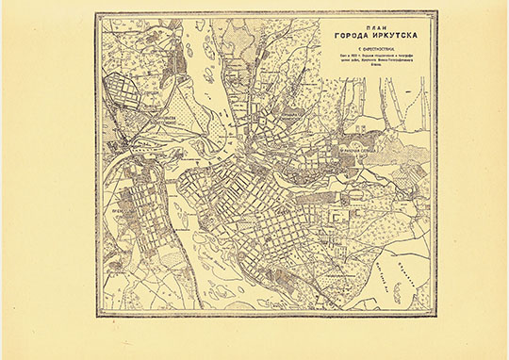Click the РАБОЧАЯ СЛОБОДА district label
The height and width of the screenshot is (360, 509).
click(356, 149)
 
